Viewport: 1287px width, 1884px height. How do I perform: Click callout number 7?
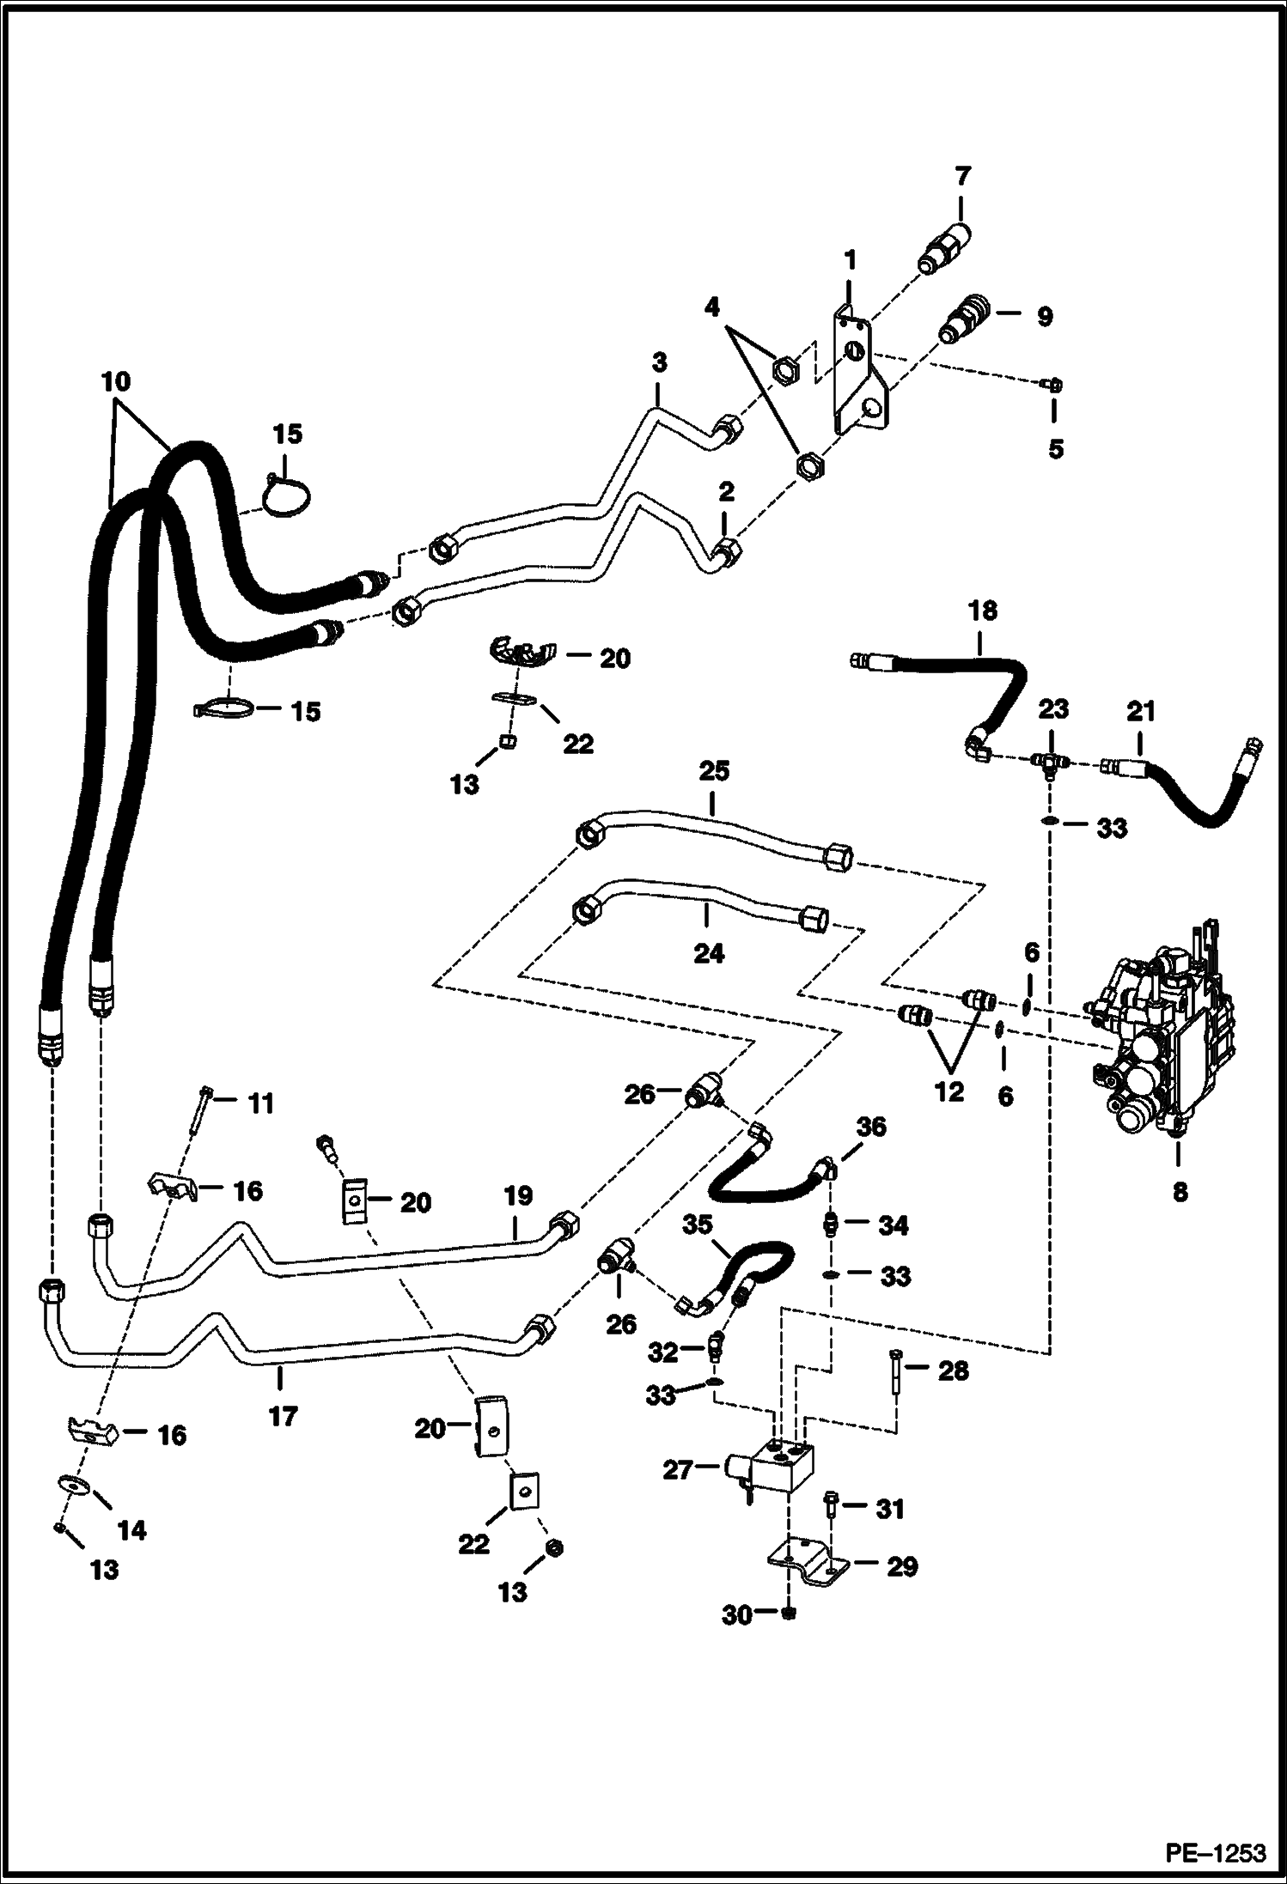point(962,177)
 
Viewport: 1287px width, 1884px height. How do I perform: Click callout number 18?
point(983,611)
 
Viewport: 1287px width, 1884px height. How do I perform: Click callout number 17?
point(282,1415)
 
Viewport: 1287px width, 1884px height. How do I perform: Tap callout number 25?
point(714,771)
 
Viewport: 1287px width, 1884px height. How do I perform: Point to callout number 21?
point(1142,712)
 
